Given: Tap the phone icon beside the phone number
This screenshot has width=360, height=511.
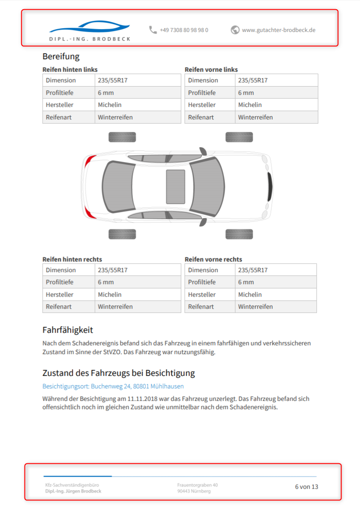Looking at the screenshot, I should pos(153,30).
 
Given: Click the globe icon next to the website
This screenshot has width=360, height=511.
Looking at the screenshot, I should pos(235,30).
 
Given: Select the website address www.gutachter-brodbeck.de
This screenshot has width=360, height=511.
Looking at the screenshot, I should pos(279,30).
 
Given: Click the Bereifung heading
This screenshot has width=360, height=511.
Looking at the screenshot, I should pos(61,56).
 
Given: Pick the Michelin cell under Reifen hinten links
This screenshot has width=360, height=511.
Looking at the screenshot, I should pos(110,105).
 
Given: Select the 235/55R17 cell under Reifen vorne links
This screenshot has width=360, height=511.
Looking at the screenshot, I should pos(253,80).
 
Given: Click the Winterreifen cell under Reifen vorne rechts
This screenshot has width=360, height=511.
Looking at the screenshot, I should pos(255,306).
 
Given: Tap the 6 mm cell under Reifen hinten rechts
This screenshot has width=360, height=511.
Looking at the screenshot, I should pos(106,282).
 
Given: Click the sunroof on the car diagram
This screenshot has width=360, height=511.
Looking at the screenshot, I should pos(175,187).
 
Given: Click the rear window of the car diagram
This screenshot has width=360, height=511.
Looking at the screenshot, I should pos(117,187).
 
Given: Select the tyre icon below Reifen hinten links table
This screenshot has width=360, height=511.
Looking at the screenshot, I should pos(122,137).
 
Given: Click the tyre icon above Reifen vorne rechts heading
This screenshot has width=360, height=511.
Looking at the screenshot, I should pos(239,234).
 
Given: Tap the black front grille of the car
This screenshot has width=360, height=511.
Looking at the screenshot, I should pos(270,187).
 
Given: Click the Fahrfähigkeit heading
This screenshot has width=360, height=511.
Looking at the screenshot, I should pos(68,330).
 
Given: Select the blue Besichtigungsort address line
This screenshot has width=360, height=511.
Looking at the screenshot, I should pos(113,386).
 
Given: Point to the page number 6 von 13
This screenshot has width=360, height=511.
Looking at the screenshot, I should pos(306,486).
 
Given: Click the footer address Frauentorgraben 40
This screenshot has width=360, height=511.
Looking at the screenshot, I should pos(197,485).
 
